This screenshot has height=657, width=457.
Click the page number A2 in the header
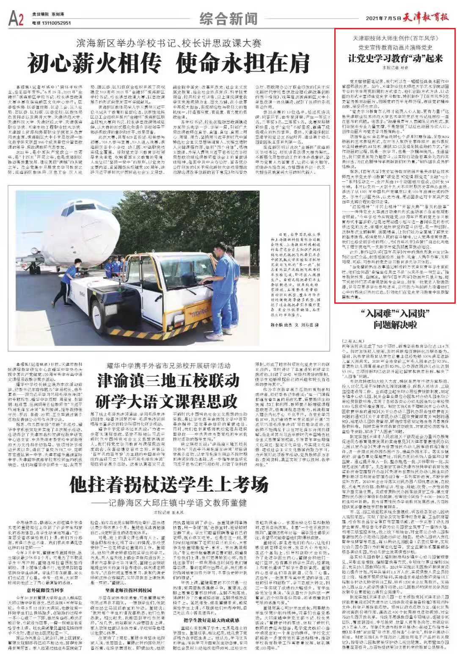[16, 18]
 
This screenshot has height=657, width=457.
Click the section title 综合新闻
[228, 19]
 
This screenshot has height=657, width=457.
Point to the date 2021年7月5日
[383, 18]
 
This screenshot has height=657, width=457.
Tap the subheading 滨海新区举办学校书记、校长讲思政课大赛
[169, 43]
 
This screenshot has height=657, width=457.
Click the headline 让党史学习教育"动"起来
[395, 58]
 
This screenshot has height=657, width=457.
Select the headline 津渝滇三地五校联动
[168, 381]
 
